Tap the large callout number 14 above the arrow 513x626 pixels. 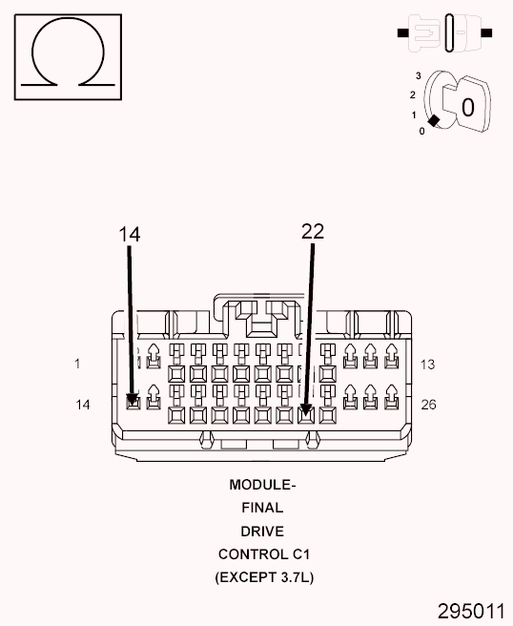(130, 234)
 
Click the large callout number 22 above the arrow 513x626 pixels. (313, 232)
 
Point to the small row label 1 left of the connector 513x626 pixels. (77, 364)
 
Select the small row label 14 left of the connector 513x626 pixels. (83, 405)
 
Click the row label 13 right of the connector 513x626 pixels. (427, 364)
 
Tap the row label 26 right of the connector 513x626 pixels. (428, 405)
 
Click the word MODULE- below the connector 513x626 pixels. (262, 484)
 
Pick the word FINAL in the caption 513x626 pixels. (262, 508)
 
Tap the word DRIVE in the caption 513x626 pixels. (262, 531)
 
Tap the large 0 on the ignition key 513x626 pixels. (467, 107)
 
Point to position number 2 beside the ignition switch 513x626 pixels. (412, 94)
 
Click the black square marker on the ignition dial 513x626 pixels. (434, 121)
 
